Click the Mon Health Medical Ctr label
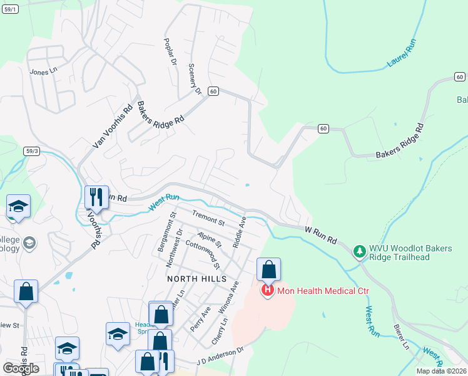323,291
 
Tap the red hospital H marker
268,291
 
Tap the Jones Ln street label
43,71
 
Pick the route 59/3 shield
33,151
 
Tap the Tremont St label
208,217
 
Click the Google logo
21,368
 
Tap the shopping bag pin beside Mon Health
268,270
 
